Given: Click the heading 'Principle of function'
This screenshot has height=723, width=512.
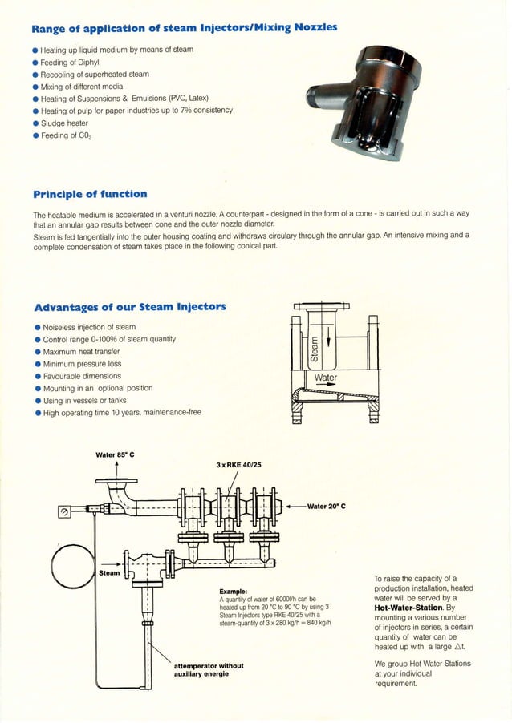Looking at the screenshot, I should tap(90, 194).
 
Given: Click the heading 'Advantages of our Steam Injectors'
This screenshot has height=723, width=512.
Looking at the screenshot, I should tap(129, 307).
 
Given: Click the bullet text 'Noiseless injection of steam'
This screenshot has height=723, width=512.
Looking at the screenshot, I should tap(88, 327).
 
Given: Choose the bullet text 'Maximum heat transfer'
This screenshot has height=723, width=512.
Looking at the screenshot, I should tap(80, 351).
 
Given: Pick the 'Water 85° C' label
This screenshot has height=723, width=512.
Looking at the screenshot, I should tap(115, 455).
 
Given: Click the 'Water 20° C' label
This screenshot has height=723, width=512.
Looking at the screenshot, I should tap(325, 507).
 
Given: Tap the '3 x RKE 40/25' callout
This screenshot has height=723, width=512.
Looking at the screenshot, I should tap(238, 465).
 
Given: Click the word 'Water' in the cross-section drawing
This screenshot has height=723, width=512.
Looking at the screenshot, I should tap(326, 378).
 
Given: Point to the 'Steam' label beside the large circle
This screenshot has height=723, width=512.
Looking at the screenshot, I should tap(109, 573).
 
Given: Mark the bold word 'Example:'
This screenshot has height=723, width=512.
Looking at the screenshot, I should tap(233, 592).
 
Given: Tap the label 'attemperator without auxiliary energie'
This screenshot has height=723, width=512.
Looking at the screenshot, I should tap(209, 669).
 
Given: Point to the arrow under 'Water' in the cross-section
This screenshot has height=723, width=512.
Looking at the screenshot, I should tap(325, 386).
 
